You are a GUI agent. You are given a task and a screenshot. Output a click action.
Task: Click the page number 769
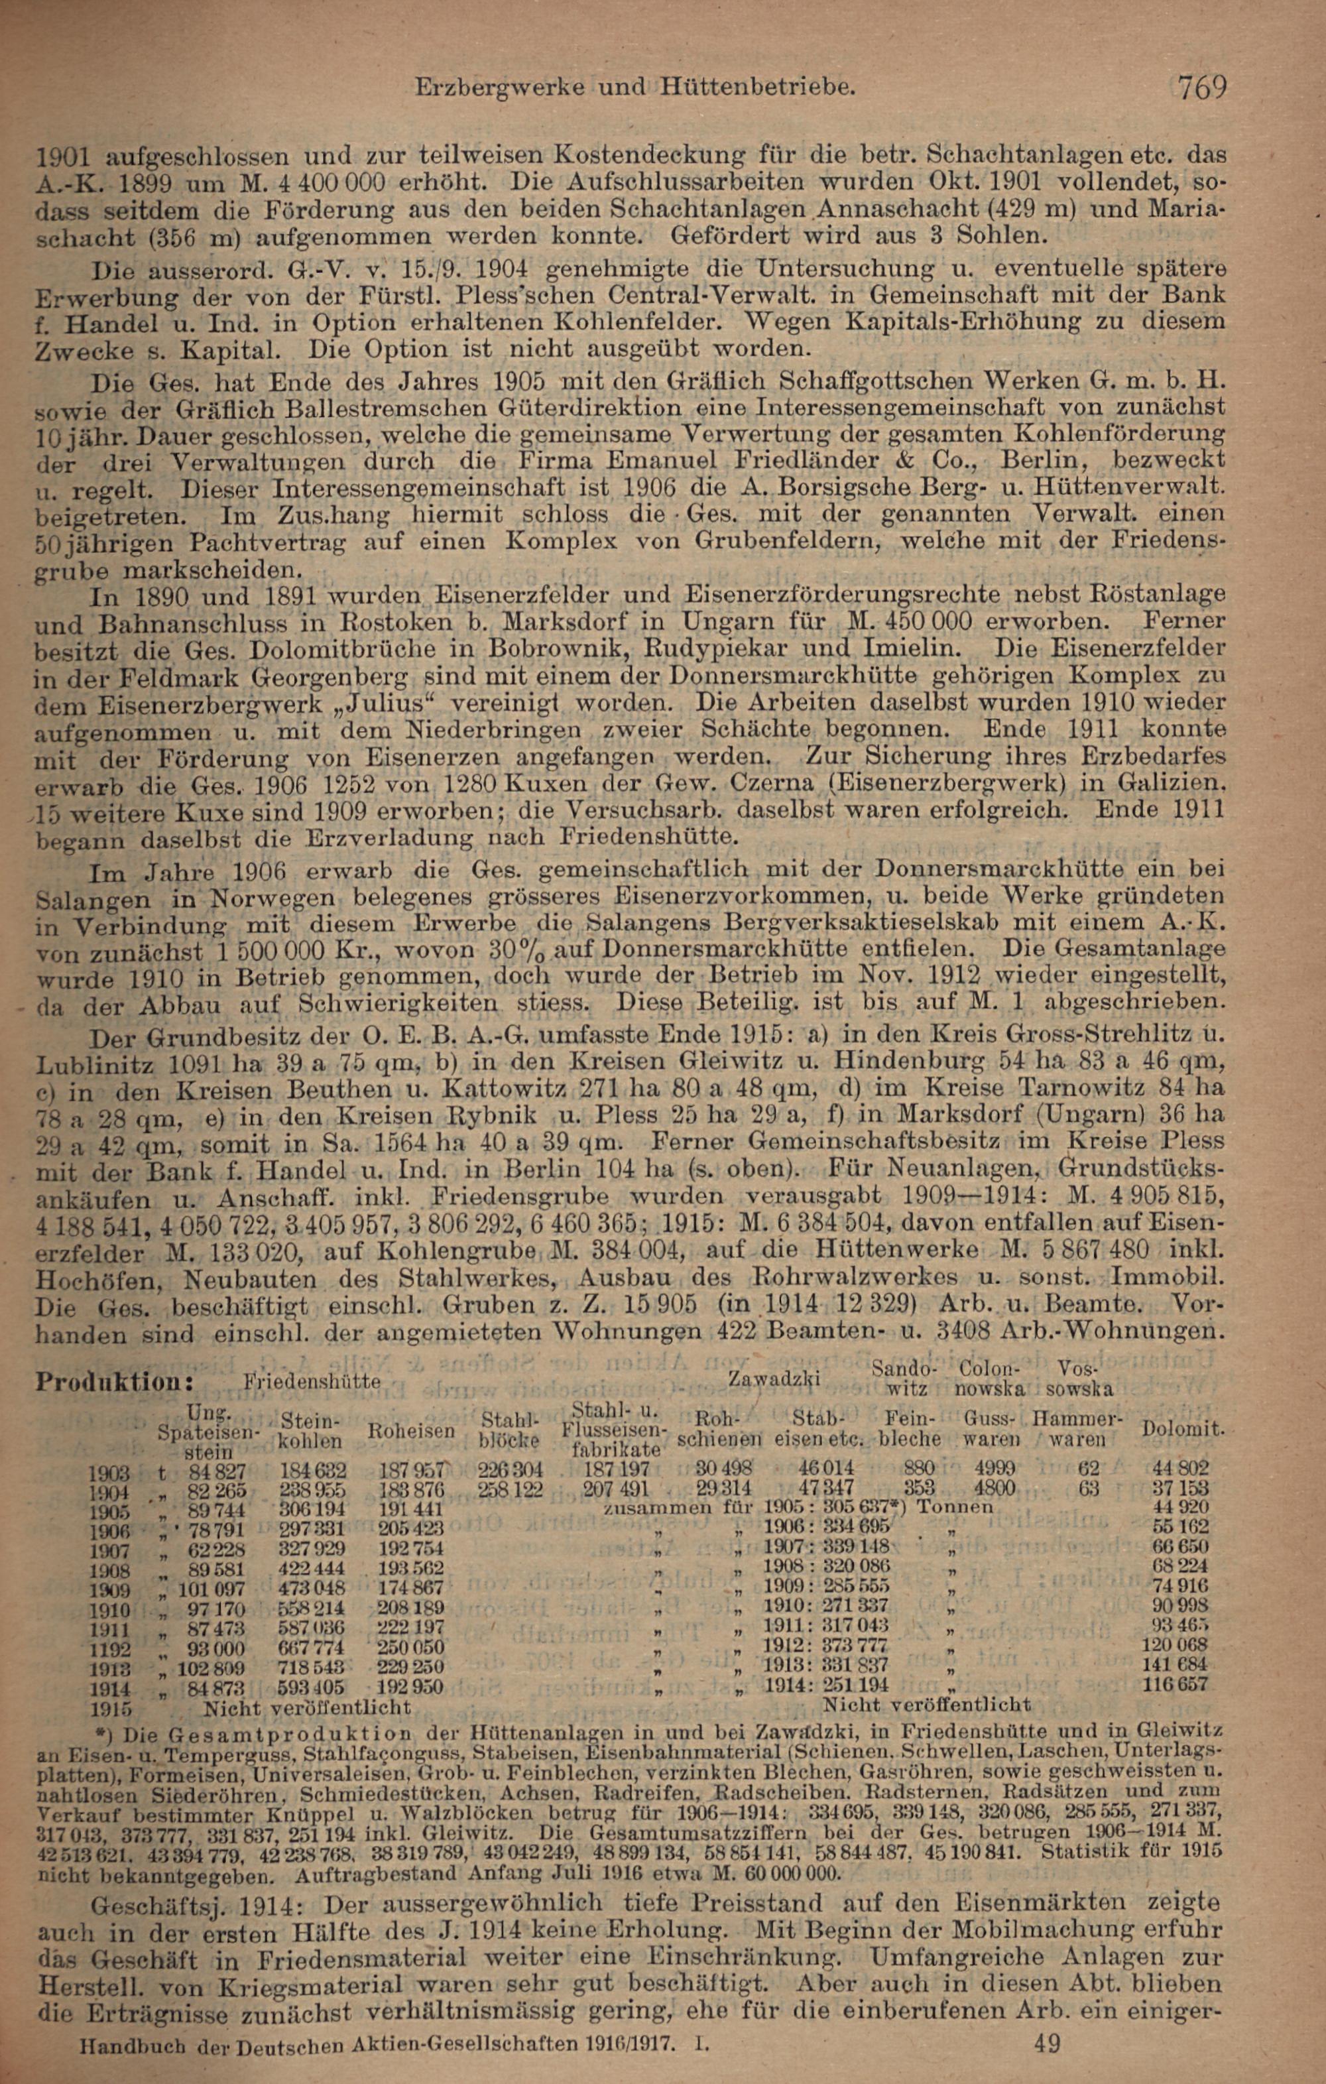[1202, 87]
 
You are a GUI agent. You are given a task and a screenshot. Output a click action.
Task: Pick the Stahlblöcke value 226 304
[510, 1469]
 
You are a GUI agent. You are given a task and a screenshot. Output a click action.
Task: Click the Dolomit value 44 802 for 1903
[1181, 1469]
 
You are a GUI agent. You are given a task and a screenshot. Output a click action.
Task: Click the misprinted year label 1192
[110, 1648]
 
